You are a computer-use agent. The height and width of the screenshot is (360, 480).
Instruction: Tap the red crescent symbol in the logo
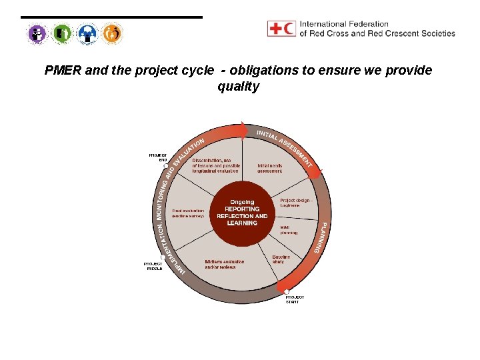pos(288,29)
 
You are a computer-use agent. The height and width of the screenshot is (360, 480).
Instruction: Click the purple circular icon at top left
pos(37,33)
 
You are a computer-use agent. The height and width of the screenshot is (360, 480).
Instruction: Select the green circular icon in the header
pos(62,33)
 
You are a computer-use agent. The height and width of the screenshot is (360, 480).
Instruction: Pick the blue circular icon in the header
pos(87,33)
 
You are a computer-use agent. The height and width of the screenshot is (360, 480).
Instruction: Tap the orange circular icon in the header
pos(113,33)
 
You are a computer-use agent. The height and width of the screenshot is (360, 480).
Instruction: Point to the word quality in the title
pos(238,86)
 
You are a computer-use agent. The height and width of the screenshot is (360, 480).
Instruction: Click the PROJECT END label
pos(158,157)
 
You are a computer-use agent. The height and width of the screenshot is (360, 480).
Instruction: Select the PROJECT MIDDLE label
pos(153,266)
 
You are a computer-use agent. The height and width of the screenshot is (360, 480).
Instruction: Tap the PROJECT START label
pos(295,299)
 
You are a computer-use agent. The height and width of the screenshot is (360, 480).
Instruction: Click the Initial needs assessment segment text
pos(269,168)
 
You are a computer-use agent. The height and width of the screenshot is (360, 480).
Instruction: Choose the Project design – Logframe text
pos(295,203)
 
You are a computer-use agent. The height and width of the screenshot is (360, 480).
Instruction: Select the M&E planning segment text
pos(289,230)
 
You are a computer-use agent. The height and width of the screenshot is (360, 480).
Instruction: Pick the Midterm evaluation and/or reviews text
pos(225,265)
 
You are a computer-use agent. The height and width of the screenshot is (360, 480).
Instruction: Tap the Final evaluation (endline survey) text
pos(187,213)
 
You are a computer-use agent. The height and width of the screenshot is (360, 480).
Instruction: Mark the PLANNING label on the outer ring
pos(323,237)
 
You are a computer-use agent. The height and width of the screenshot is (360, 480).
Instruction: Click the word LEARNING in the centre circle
pos(241,223)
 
